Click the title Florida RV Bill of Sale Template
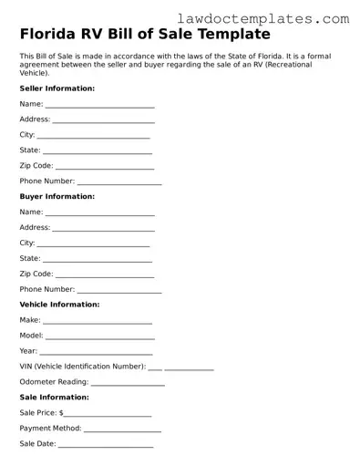145,35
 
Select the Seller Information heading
57,88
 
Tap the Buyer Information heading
57,196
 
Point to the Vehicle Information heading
59,304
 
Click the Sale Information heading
54,397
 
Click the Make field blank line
98,322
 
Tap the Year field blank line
97,353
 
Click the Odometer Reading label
54,381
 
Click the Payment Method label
50,428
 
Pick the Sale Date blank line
106,446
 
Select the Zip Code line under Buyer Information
104,275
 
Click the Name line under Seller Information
100,107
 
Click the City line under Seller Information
93,137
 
